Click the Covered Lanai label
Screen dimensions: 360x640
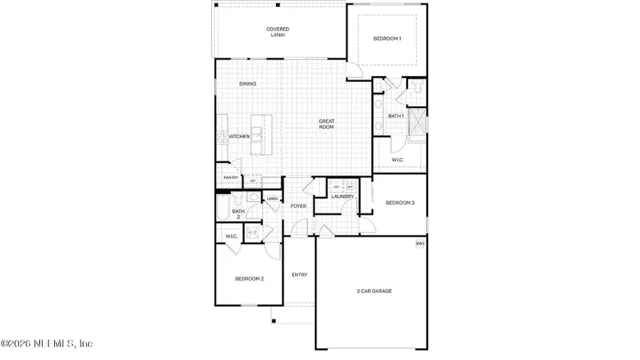(x=277, y=32)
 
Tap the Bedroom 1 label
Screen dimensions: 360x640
(x=388, y=38)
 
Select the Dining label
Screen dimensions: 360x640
(x=247, y=84)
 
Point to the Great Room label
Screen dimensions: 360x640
(x=326, y=124)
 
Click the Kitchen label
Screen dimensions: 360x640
(x=239, y=136)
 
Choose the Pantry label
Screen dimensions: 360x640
(x=230, y=178)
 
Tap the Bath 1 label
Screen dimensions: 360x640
(x=396, y=116)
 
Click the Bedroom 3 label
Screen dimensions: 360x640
(x=400, y=203)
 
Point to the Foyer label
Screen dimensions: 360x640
(x=299, y=206)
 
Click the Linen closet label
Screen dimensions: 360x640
(x=272, y=198)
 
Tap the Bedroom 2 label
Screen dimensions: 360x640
(x=250, y=279)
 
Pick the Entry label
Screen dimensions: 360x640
(x=300, y=275)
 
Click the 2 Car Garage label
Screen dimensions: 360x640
(x=374, y=291)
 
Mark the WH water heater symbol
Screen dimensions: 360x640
(x=420, y=244)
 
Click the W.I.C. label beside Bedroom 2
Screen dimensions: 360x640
(x=231, y=235)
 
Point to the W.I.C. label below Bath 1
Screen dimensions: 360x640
(x=398, y=160)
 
